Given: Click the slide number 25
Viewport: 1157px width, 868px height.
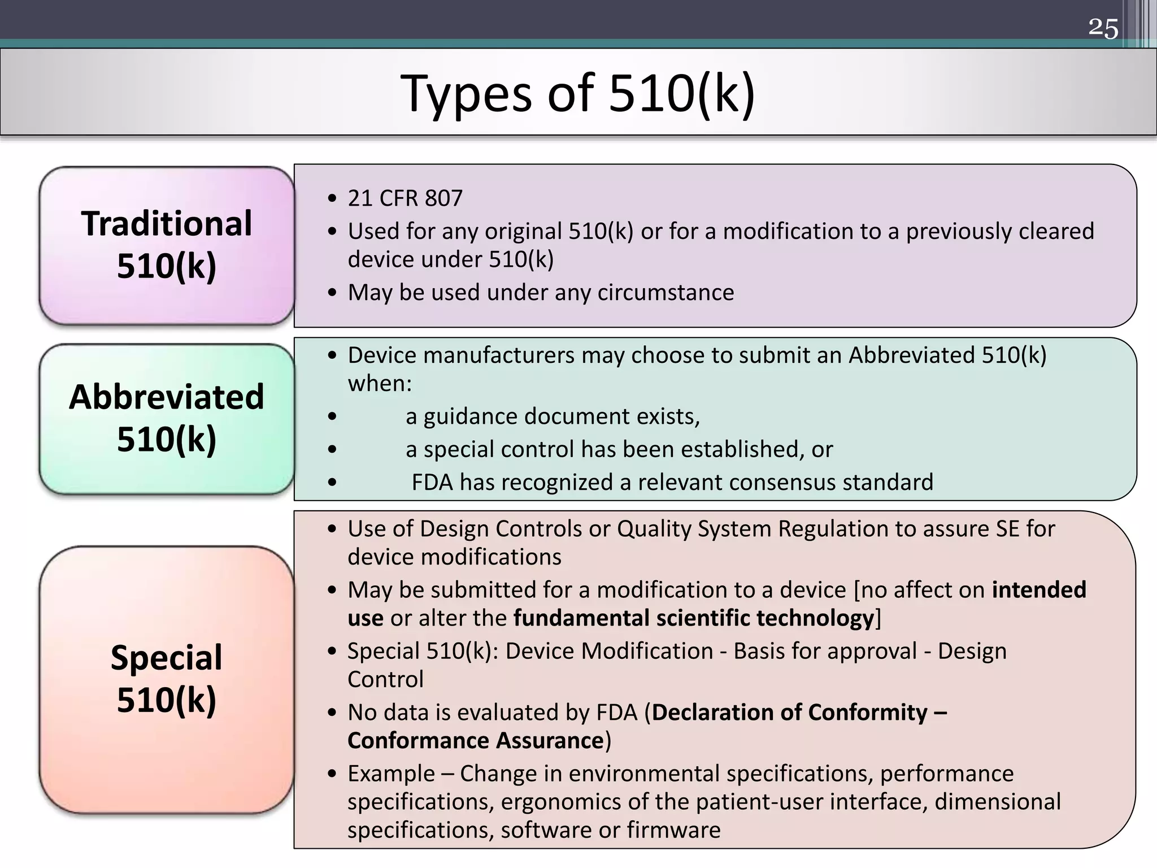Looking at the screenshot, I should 1103,28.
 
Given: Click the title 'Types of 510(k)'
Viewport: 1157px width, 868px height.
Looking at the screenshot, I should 577,93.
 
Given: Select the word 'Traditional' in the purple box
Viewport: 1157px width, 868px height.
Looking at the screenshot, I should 167,223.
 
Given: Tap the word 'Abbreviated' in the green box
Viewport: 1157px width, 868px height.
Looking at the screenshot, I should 167,397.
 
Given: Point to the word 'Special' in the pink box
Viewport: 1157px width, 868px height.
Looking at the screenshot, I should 167,658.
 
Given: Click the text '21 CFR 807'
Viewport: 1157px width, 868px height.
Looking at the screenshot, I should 405,198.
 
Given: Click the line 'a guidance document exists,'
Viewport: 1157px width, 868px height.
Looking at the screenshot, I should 553,416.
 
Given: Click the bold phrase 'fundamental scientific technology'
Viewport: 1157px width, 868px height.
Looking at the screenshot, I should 694,618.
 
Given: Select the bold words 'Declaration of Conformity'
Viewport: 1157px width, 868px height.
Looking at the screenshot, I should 789,713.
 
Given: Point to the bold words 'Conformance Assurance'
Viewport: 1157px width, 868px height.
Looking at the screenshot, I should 476,741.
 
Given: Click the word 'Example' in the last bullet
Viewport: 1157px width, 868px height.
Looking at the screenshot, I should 391,774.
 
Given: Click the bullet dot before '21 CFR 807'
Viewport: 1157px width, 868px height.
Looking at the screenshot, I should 332,199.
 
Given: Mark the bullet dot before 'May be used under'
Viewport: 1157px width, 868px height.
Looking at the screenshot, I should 332,293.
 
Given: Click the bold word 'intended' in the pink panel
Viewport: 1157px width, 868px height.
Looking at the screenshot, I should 1039,590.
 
